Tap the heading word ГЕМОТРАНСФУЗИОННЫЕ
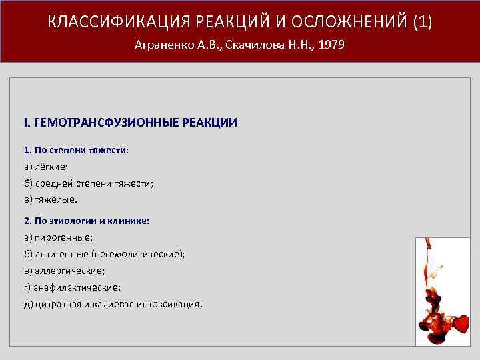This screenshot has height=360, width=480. point(113,123)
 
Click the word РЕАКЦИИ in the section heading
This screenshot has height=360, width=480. point(211,123)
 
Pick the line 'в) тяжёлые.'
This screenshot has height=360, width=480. point(51,199)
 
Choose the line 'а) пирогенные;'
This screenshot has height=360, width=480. point(59,237)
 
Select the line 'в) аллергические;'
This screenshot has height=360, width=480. point(64,271)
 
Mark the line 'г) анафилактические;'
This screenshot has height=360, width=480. point(72,287)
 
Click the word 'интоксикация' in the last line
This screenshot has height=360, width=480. point(170,304)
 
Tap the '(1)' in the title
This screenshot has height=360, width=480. point(423,22)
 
